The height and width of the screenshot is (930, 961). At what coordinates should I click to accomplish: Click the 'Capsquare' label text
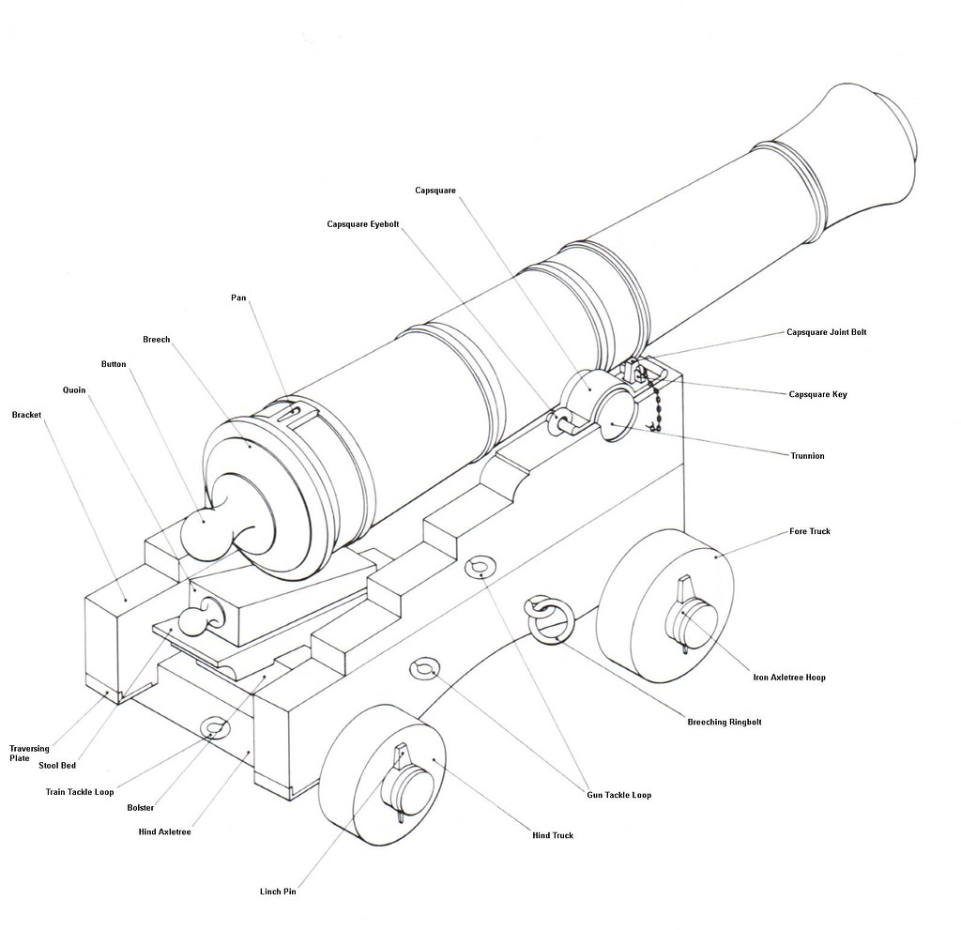(x=435, y=191)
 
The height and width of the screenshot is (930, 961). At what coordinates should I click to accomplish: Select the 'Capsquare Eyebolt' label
(x=362, y=224)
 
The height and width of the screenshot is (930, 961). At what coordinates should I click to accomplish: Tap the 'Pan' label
(x=238, y=297)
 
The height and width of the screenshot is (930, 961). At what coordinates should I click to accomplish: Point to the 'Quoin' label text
(x=74, y=389)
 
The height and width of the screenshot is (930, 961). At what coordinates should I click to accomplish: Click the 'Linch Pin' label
(x=278, y=891)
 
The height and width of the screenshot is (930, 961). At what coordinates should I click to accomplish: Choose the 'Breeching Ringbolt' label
(x=724, y=722)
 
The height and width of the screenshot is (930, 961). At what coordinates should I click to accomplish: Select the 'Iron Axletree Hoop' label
(x=789, y=677)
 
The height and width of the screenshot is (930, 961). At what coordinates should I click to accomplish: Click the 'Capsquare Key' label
(x=817, y=394)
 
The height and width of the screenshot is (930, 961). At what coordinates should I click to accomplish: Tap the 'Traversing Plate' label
(x=29, y=753)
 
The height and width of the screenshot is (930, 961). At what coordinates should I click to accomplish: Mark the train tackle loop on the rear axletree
(x=215, y=727)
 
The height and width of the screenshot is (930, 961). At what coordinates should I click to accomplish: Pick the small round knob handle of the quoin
(x=193, y=619)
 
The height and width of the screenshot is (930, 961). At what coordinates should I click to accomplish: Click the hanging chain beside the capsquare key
(x=655, y=404)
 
